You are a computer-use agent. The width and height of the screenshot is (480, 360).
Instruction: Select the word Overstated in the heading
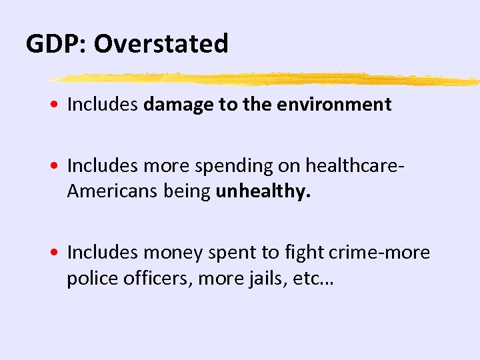pyautogui.click(x=161, y=44)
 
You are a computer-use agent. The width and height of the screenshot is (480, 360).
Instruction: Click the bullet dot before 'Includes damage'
pyautogui.click(x=59, y=105)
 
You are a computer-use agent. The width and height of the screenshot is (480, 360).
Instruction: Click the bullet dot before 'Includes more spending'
pyautogui.click(x=59, y=164)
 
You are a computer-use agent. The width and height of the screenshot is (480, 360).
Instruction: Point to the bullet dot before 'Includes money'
pyautogui.click(x=59, y=253)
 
